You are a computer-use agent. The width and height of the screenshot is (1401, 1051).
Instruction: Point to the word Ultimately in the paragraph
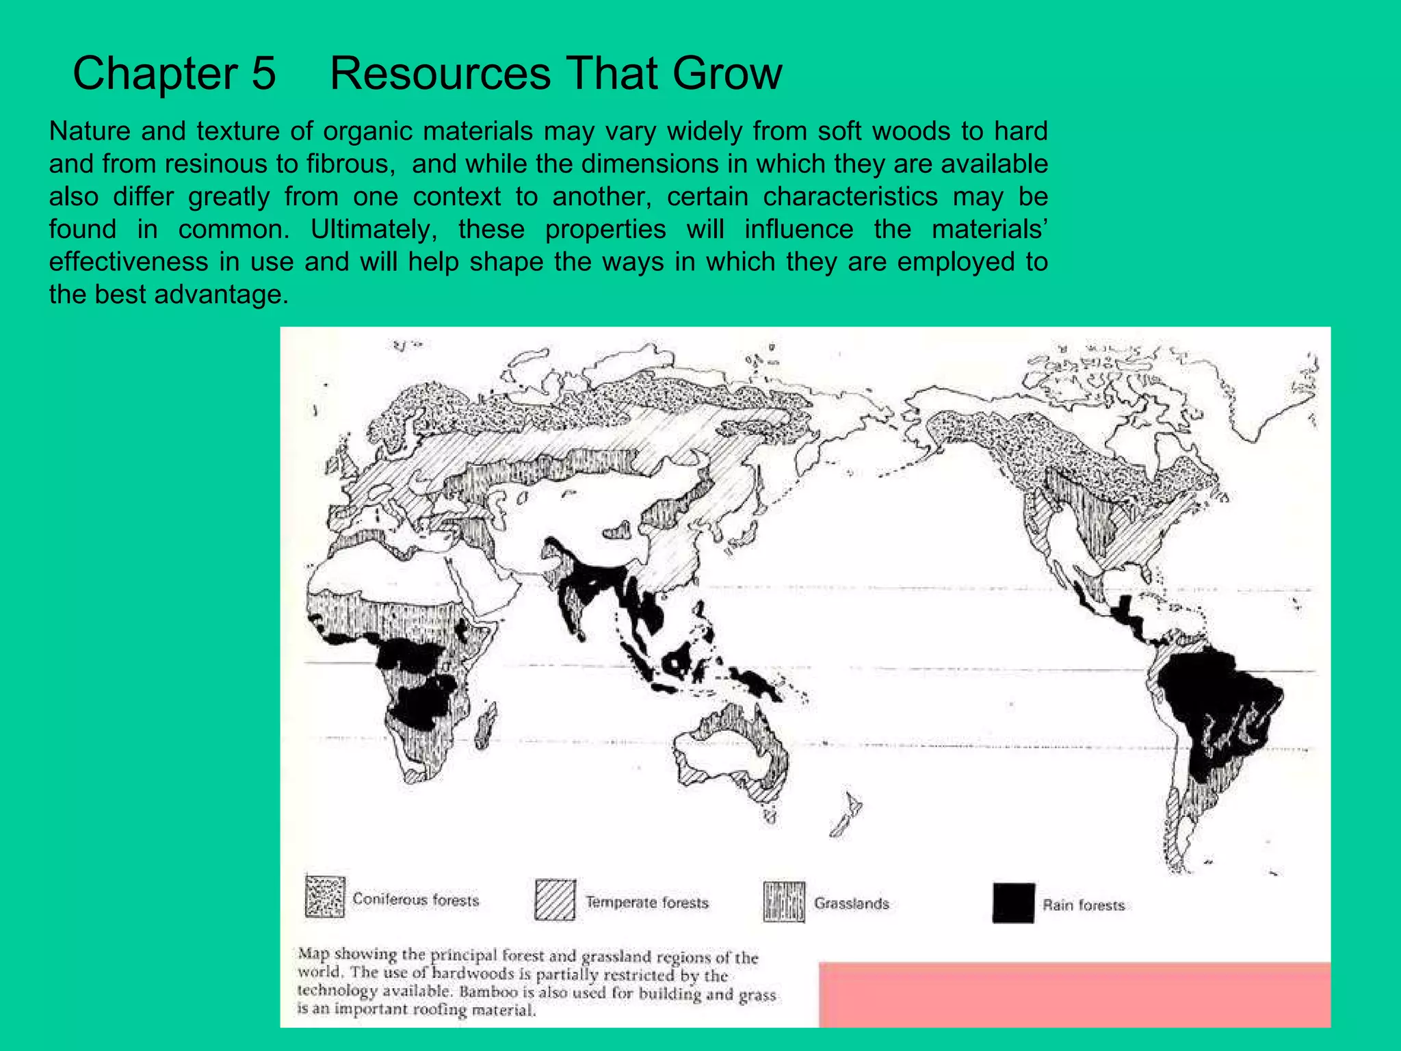(374, 229)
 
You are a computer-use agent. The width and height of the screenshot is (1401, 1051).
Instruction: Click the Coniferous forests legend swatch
(325, 896)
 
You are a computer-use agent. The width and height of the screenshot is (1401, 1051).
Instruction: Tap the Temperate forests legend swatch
(555, 900)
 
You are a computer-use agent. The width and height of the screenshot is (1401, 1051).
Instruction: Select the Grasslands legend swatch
(784, 902)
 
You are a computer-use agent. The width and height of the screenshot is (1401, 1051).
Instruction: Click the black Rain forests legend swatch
(1013, 904)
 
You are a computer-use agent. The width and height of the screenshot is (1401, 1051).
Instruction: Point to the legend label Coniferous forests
(416, 900)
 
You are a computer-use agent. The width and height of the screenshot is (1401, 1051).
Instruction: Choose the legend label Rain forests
(1084, 905)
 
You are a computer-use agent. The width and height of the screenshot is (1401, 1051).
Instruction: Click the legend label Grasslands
(852, 903)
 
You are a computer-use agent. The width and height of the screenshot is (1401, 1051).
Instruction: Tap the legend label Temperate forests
(647, 903)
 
